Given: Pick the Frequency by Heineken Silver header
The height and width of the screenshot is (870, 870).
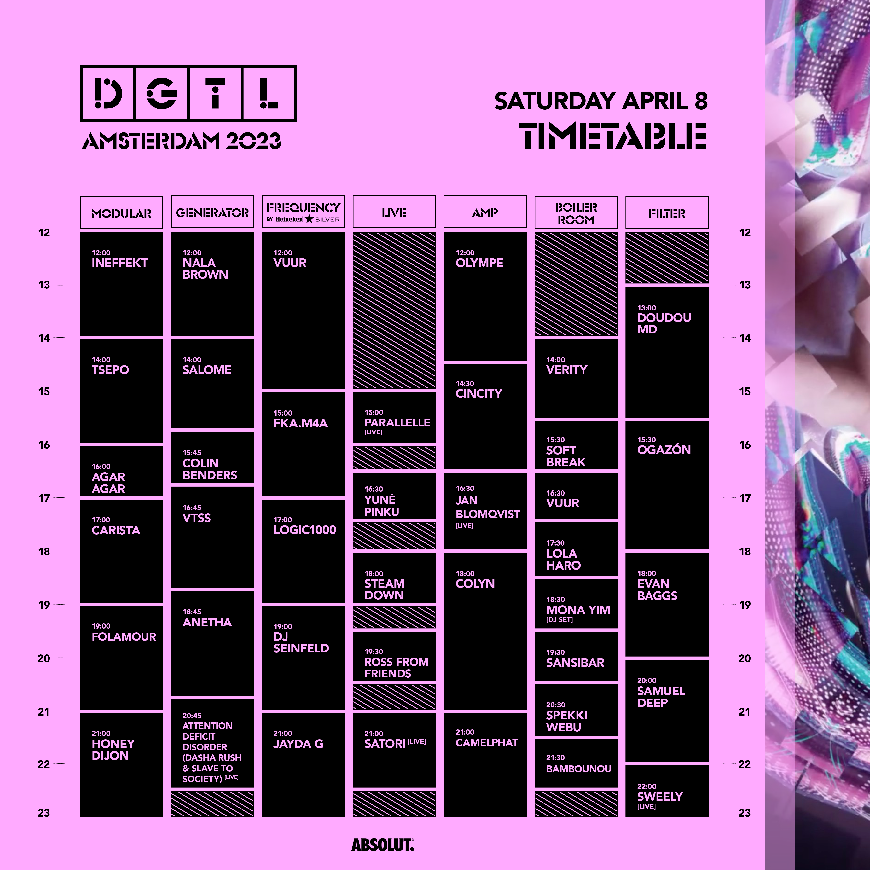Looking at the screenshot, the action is (303, 212).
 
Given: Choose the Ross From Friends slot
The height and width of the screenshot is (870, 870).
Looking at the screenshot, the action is (394, 656).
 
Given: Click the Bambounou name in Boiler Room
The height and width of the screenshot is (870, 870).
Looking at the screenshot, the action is (579, 769).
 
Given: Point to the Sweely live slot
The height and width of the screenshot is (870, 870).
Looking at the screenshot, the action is (667, 791).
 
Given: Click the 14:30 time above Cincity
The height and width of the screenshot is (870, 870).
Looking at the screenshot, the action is (465, 384).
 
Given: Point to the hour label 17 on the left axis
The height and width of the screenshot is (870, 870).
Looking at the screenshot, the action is (44, 498).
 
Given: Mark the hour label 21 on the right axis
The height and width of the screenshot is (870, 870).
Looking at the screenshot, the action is (745, 712).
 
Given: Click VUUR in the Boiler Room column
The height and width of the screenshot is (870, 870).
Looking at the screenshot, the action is (562, 503).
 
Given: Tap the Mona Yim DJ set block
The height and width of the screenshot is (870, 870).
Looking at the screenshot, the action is (576, 604).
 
